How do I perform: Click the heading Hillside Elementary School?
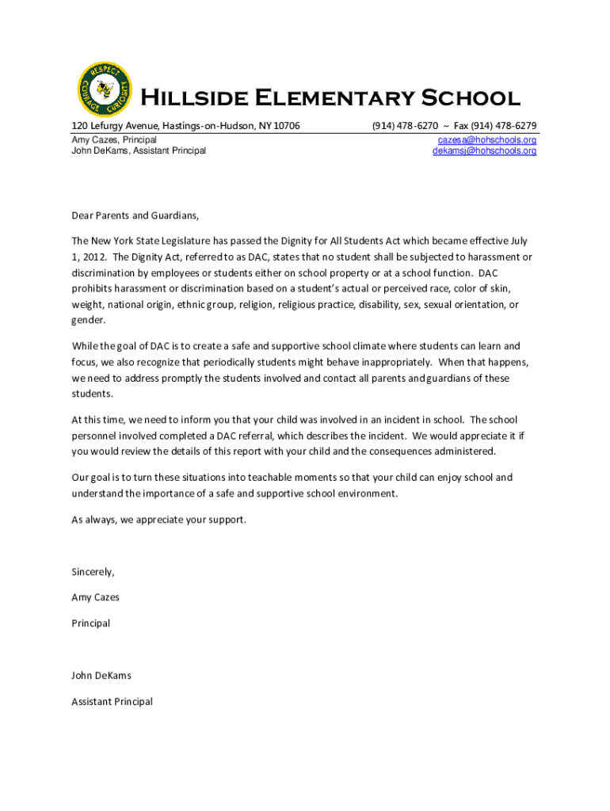(330, 98)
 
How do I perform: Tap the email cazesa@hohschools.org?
(486, 139)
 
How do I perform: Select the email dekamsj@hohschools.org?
(484, 150)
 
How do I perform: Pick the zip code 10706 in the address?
(286, 126)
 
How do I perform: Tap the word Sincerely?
(93, 572)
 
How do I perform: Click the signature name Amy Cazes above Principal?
(95, 597)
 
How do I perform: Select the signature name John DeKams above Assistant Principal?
(101, 676)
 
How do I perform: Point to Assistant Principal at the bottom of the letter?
(112, 702)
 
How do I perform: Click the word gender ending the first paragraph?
(87, 320)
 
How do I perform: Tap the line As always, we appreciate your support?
(158, 520)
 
